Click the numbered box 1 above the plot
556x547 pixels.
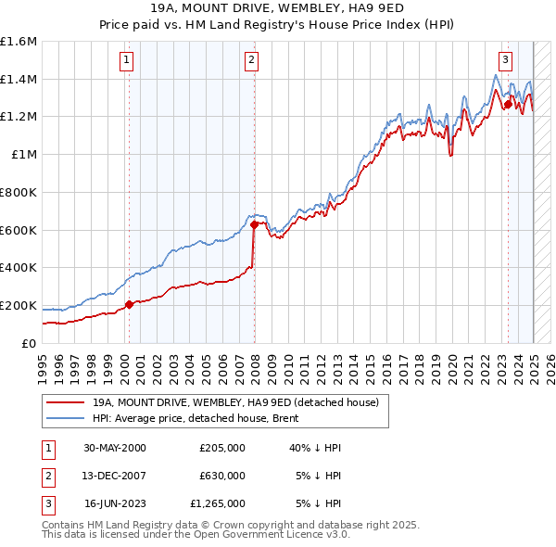[127, 61]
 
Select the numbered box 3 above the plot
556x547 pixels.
[505, 61]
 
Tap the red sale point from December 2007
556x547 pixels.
[254, 223]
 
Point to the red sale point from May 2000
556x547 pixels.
[129, 303]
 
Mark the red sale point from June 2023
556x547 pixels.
[508, 105]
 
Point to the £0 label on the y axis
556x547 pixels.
[31, 343]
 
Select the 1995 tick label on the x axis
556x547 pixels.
[43, 365]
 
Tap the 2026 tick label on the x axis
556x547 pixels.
[551, 365]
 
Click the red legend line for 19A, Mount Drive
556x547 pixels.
[64, 403]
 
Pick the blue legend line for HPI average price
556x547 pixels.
[64, 418]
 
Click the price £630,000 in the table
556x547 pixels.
[222, 476]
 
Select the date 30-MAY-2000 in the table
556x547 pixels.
[115, 448]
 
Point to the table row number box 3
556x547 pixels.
[47, 503]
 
